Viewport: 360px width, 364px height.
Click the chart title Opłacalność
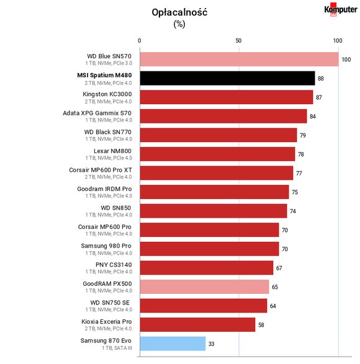click(x=179, y=12)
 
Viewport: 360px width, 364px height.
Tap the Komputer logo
click(x=341, y=9)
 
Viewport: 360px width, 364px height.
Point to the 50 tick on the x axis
click(x=238, y=41)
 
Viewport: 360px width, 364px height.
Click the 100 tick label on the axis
click(x=338, y=41)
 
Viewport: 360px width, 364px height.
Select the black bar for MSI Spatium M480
click(x=227, y=78)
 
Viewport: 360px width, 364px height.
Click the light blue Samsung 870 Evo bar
click(x=173, y=344)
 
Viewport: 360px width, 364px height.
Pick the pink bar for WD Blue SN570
click(x=239, y=59)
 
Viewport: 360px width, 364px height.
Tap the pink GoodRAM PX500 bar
click(x=204, y=286)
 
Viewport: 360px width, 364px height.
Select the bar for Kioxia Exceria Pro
click(x=197, y=324)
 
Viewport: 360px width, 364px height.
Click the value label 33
click(x=211, y=344)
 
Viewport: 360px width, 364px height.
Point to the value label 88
click(x=321, y=79)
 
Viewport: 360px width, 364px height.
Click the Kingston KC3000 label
click(x=107, y=94)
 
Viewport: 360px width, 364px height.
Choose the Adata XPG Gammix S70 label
click(x=97, y=113)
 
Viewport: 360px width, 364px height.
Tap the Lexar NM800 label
click(x=112, y=151)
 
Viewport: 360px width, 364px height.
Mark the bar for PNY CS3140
click(x=206, y=268)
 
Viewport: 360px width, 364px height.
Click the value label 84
click(x=313, y=117)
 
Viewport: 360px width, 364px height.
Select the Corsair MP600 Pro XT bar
click(x=217, y=173)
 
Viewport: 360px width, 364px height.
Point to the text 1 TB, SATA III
click(x=117, y=348)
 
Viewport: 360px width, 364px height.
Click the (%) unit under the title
click(x=179, y=24)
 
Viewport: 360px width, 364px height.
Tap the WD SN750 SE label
click(x=110, y=303)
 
